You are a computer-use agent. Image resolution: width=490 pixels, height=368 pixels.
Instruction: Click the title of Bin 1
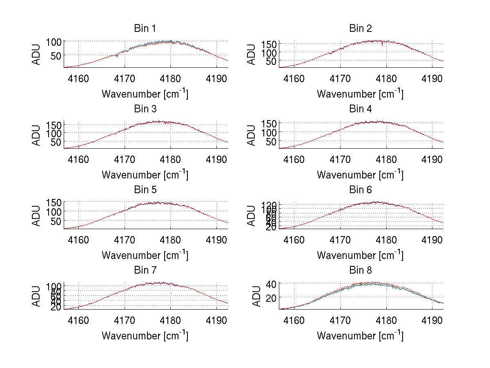145,29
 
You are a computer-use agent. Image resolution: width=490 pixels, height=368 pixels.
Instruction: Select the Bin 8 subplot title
361,270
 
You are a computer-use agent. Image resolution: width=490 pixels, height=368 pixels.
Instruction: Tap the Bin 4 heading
361,109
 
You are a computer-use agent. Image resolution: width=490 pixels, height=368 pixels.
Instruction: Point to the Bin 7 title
145,270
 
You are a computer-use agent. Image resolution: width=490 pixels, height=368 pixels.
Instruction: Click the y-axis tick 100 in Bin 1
53,42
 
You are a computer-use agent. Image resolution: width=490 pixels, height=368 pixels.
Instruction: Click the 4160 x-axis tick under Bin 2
294,78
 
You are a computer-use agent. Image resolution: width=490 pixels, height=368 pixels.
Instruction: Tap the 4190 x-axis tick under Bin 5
216,240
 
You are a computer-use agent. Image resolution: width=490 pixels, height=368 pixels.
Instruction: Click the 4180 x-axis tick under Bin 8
386,320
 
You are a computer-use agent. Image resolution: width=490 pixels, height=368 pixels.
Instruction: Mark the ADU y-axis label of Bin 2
252,54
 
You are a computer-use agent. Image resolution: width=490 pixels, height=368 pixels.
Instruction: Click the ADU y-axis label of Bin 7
37,297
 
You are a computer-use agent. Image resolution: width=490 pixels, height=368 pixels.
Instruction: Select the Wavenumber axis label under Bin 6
360,255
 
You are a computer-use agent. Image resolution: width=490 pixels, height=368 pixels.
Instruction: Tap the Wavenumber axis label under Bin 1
145,94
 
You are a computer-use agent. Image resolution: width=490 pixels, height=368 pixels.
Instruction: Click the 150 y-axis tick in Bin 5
53,203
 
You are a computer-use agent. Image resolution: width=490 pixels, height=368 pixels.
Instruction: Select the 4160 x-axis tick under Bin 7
78,320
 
